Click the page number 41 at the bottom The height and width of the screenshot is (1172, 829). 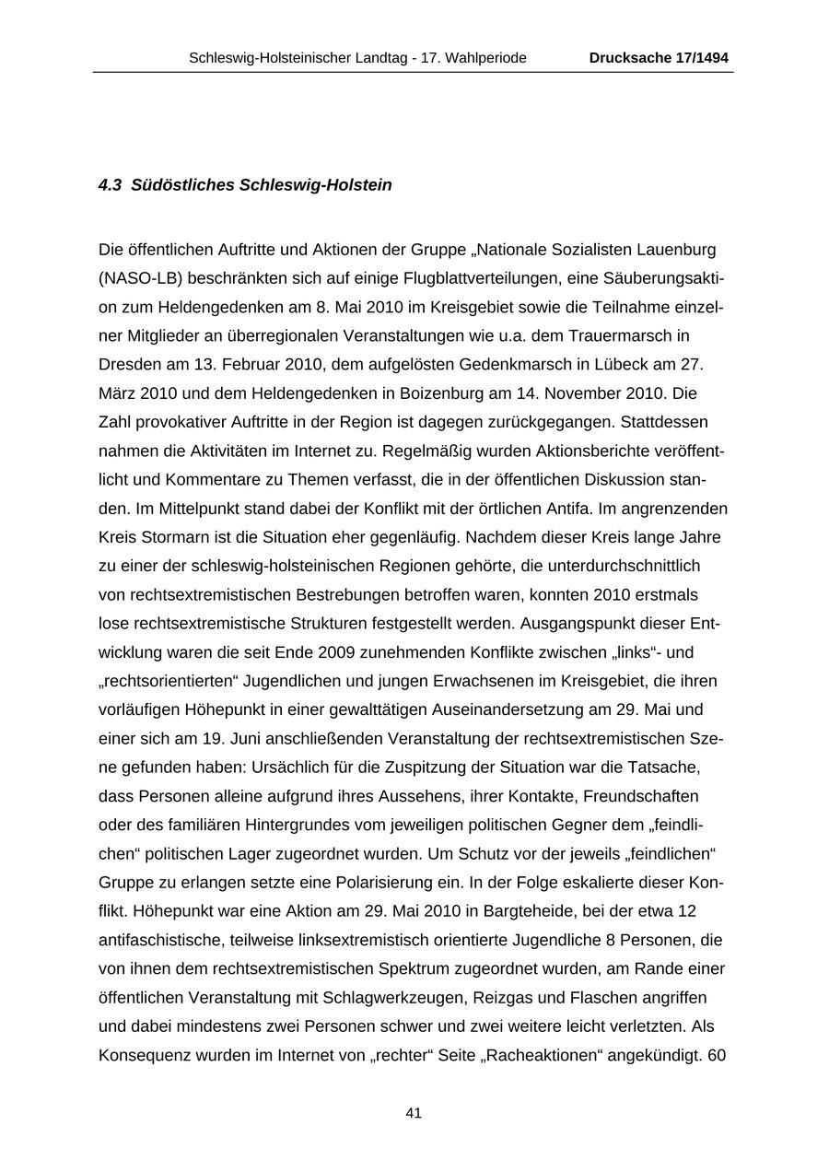pyautogui.click(x=414, y=1113)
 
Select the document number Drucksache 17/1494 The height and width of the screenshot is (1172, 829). pyautogui.click(x=659, y=58)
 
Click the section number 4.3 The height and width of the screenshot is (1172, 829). pyautogui.click(x=110, y=185)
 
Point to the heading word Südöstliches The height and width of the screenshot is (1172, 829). pyautogui.click(x=182, y=185)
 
